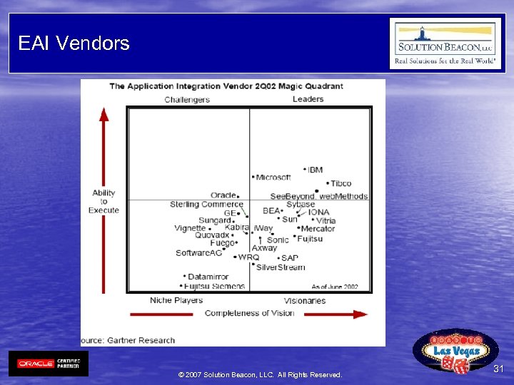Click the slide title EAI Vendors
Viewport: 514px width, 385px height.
[74, 43]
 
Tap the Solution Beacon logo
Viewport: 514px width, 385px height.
[445, 43]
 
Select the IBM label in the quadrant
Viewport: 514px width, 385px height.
[315, 170]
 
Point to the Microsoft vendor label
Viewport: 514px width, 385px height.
[273, 178]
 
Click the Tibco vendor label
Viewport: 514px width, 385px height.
[341, 184]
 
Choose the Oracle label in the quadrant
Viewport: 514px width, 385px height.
[223, 195]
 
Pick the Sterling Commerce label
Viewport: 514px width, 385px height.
[206, 205]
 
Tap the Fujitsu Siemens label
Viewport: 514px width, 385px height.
[214, 287]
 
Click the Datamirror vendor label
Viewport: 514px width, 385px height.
[208, 277]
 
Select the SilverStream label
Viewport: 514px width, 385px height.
[281, 267]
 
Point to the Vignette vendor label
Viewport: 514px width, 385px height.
[190, 229]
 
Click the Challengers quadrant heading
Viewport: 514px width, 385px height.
[187, 100]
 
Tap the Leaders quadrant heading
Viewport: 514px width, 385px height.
[308, 99]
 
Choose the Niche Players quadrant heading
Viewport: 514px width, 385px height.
[176, 300]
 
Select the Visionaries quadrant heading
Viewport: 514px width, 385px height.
[305, 301]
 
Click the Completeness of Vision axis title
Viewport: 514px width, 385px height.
[249, 313]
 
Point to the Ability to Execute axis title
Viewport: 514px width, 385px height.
[104, 202]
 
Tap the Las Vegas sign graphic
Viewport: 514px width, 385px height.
[455, 351]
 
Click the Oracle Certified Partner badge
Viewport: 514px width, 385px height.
[49, 364]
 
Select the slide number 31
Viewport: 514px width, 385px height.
[498, 369]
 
